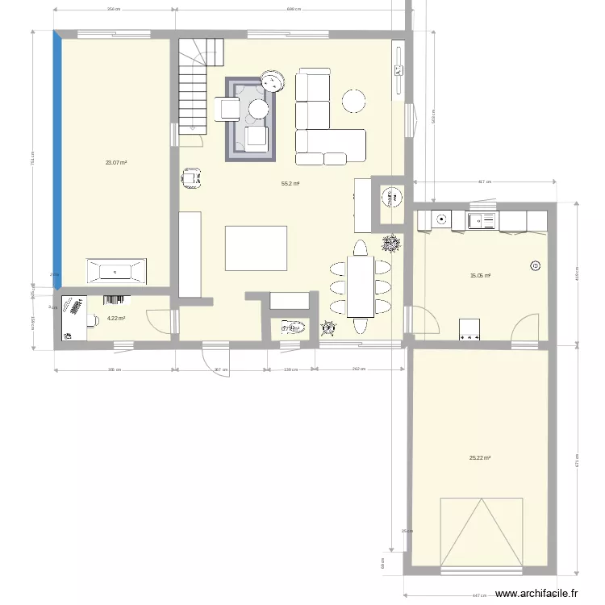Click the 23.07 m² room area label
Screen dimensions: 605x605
click(116, 162)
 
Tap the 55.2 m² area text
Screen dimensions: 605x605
click(290, 184)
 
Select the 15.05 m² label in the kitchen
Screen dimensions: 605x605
click(481, 275)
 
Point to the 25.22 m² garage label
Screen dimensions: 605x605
click(480, 458)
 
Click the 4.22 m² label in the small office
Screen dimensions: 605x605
click(116, 318)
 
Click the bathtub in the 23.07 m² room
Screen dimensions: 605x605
click(117, 270)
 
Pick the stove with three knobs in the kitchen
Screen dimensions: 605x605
click(469, 328)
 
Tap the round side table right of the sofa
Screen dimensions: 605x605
click(353, 101)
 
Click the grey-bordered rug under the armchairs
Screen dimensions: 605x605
click(251, 119)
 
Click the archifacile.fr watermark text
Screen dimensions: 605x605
click(536, 593)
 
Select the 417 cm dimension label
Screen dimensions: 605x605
click(485, 182)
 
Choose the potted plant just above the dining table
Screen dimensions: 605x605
click(390, 242)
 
